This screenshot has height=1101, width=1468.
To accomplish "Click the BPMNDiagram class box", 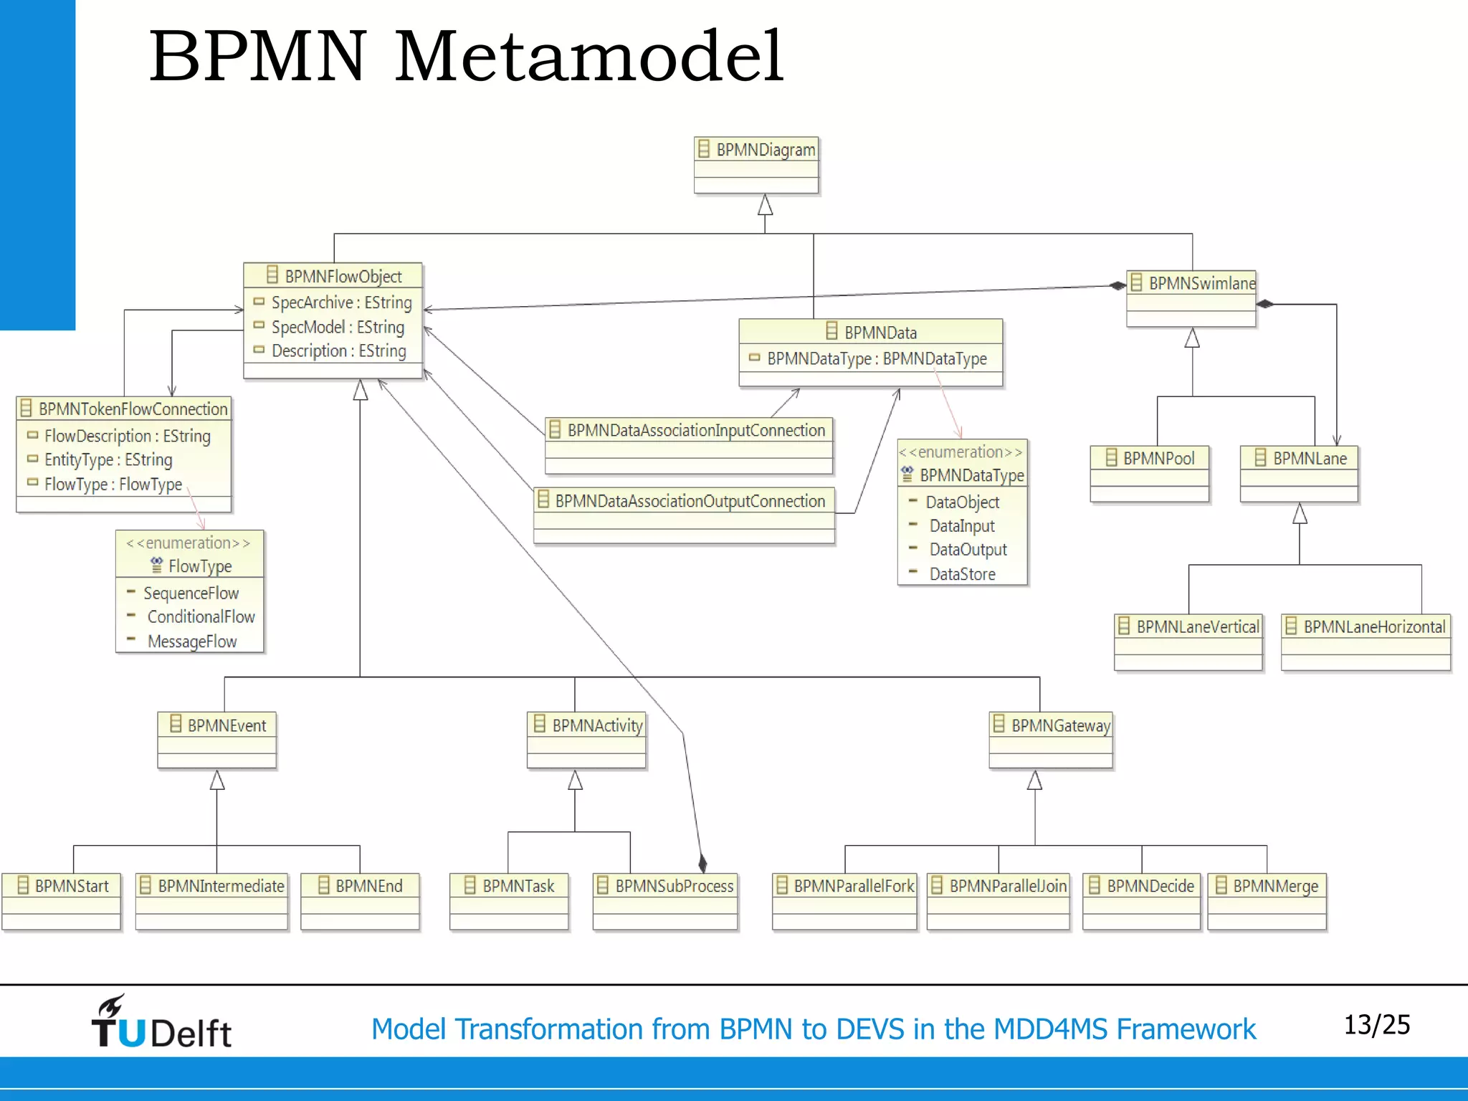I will pos(756,164).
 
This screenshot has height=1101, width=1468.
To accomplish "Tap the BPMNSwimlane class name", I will pos(1201,283).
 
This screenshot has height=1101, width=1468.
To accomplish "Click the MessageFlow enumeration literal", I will pos(191,642).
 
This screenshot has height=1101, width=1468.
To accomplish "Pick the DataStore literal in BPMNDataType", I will pos(962,574).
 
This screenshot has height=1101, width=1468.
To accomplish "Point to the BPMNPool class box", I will pos(1149,473).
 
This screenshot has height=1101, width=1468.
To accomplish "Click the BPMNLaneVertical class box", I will pos(1188,641).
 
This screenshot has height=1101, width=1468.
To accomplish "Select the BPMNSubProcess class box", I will pos(665,900).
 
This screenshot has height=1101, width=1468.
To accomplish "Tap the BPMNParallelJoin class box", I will pos(998,900).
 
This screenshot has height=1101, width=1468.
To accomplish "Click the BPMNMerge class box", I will pos(1267,900).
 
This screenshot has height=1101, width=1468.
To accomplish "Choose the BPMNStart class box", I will pos(62,900).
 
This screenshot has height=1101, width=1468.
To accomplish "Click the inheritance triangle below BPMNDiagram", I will pos(766,205).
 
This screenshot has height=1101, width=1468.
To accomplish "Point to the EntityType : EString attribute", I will pos(108,459).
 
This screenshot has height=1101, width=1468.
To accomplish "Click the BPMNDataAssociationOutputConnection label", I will pos(690,501).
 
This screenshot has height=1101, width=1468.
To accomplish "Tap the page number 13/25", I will pos(1376,1025).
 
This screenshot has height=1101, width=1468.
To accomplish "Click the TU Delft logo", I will pos(161,1024).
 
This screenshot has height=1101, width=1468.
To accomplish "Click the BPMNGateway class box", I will pos(1051,739).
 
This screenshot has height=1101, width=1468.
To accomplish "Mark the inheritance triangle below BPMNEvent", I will pos(217,780).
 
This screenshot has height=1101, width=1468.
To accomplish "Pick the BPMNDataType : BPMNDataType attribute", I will pos(877,358).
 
